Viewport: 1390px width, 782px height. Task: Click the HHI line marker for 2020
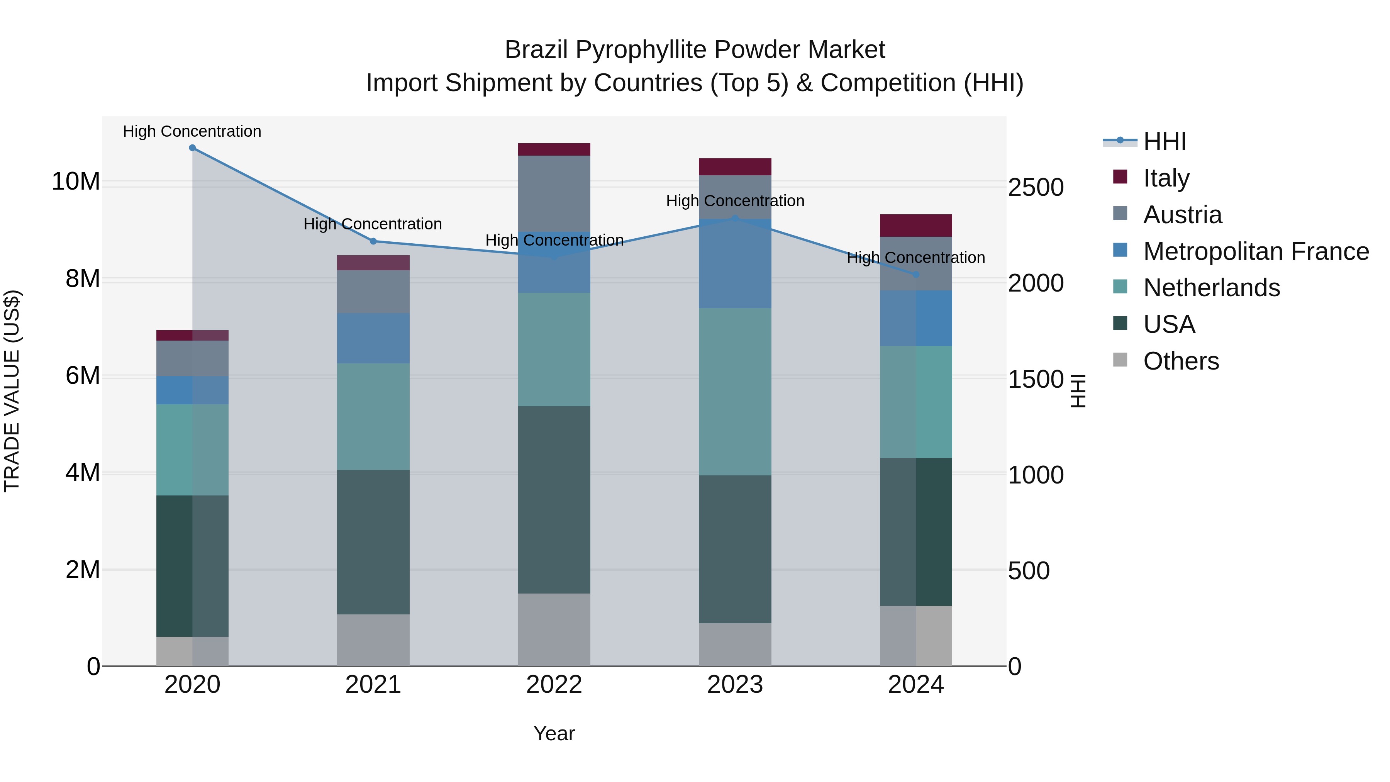coord(192,148)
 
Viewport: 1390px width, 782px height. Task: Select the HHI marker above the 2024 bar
coord(916,275)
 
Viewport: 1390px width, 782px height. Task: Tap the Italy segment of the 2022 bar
coord(554,149)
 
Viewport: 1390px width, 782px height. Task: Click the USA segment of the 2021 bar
coord(373,542)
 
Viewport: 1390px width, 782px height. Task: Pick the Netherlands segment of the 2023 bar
coord(735,392)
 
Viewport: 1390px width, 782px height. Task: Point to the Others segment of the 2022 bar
coord(554,630)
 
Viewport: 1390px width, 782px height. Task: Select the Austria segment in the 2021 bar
coord(373,292)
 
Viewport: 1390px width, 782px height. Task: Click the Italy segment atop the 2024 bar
coord(916,226)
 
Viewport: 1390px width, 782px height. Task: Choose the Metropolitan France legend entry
coord(1256,251)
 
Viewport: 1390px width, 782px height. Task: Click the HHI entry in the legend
coord(1165,141)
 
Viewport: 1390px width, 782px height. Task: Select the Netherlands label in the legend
coord(1211,288)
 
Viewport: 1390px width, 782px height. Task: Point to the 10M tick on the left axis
coord(76,182)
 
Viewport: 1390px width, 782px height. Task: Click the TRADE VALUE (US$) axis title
coord(12,391)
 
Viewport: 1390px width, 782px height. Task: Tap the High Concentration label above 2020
coord(192,131)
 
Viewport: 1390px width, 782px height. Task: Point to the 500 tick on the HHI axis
coord(1029,571)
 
